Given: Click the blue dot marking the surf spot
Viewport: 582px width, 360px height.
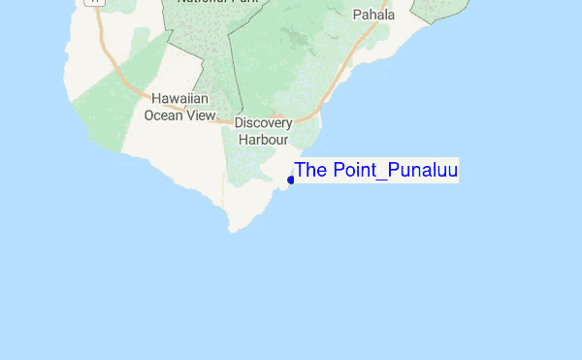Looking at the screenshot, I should coord(291,180).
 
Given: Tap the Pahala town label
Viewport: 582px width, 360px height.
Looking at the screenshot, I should coord(373,15).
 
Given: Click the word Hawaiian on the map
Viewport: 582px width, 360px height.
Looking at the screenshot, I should coord(180,99).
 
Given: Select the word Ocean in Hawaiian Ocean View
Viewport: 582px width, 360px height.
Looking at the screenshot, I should coord(163,115).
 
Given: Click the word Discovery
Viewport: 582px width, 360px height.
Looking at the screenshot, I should coord(264,123).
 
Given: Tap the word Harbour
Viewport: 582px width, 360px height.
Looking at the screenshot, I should coord(264,139).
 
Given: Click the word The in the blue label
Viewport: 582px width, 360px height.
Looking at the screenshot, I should coord(310,170).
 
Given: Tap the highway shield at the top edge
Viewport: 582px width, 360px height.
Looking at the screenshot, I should coord(93,2).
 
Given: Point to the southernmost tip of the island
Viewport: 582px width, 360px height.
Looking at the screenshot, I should coord(233,231).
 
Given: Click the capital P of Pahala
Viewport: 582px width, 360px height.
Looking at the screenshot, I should coord(357,15).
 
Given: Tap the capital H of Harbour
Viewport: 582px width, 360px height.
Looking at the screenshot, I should coord(243,139).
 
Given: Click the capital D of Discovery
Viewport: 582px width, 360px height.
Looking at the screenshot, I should coord(240,123).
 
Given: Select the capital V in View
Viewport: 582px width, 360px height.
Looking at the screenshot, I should coord(190,115).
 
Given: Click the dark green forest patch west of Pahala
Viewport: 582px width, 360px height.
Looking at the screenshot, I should coord(292,39).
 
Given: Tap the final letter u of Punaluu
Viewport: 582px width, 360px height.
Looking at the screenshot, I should coord(452,170).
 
